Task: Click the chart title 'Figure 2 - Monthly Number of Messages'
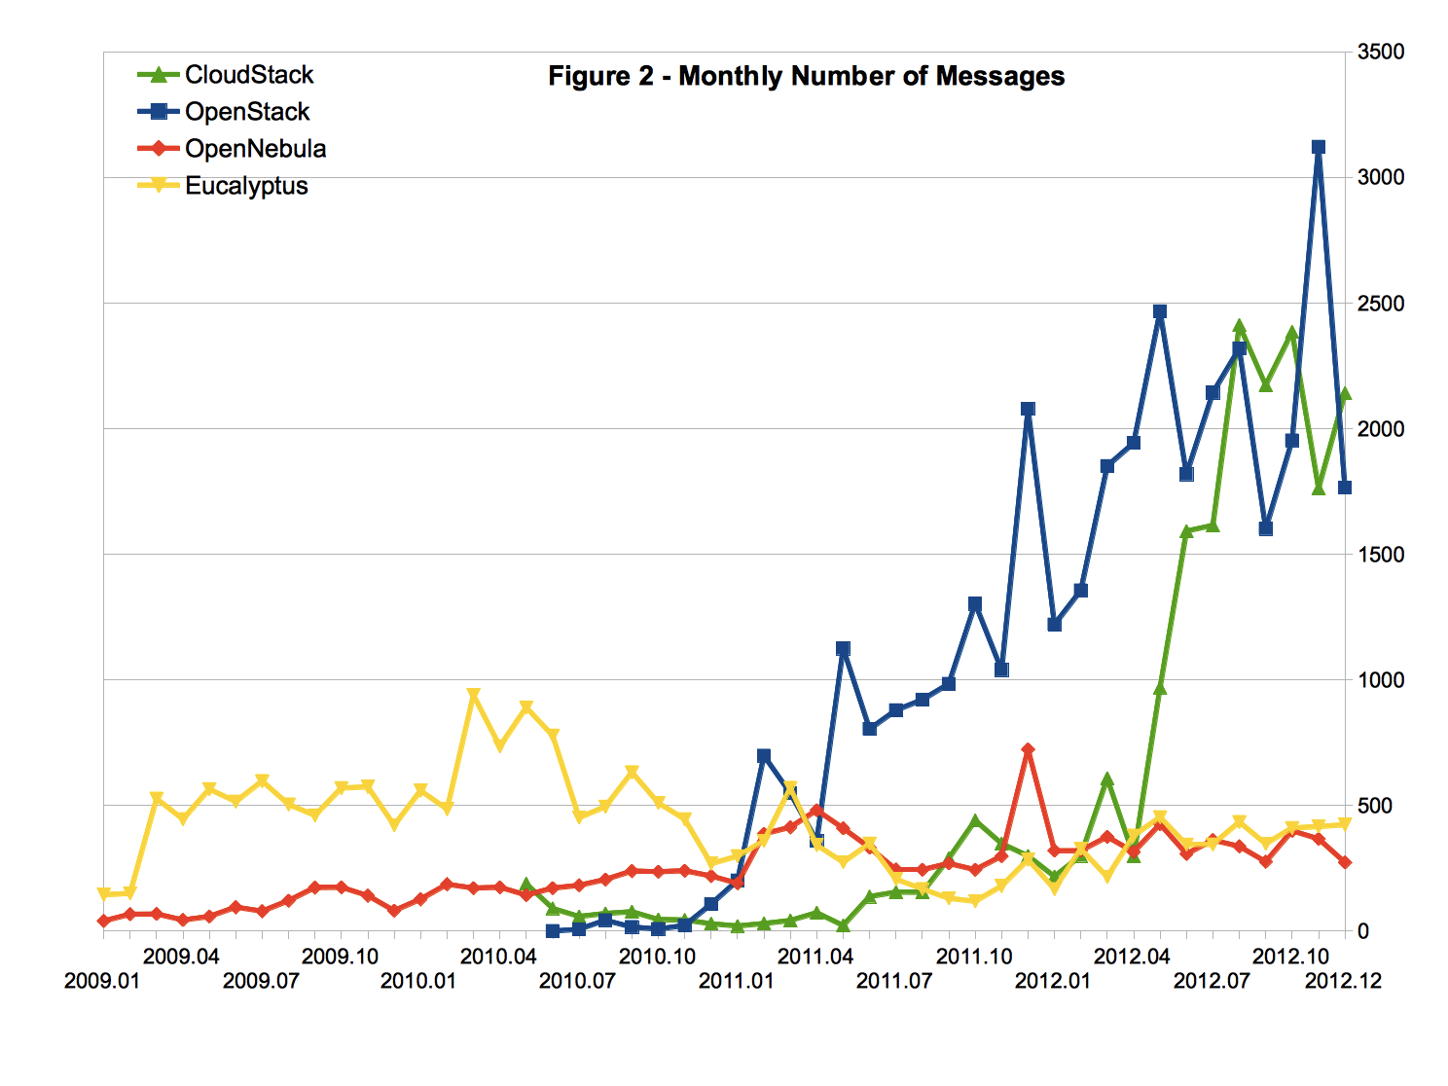pos(806,77)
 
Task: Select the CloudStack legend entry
pos(249,75)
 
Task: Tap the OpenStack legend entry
pos(247,112)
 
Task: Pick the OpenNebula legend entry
pos(255,149)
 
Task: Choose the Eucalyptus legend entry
pos(246,186)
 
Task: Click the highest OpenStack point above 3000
pos(1319,147)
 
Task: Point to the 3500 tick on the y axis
pos(1381,52)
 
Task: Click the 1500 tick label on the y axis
pos(1381,555)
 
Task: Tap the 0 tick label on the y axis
pos(1363,931)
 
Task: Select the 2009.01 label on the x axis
pos(102,980)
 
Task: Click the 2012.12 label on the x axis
pos(1343,980)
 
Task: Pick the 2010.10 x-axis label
pos(657,956)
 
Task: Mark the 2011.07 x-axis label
pos(894,980)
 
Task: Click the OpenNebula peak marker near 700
pos(1028,749)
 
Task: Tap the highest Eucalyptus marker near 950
pos(473,695)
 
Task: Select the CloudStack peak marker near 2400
pos(1239,327)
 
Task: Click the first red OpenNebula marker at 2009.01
pos(103,921)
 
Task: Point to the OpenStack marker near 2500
pos(1159,311)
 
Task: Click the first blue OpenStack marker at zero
pos(553,931)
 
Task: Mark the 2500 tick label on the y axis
pos(1381,304)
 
